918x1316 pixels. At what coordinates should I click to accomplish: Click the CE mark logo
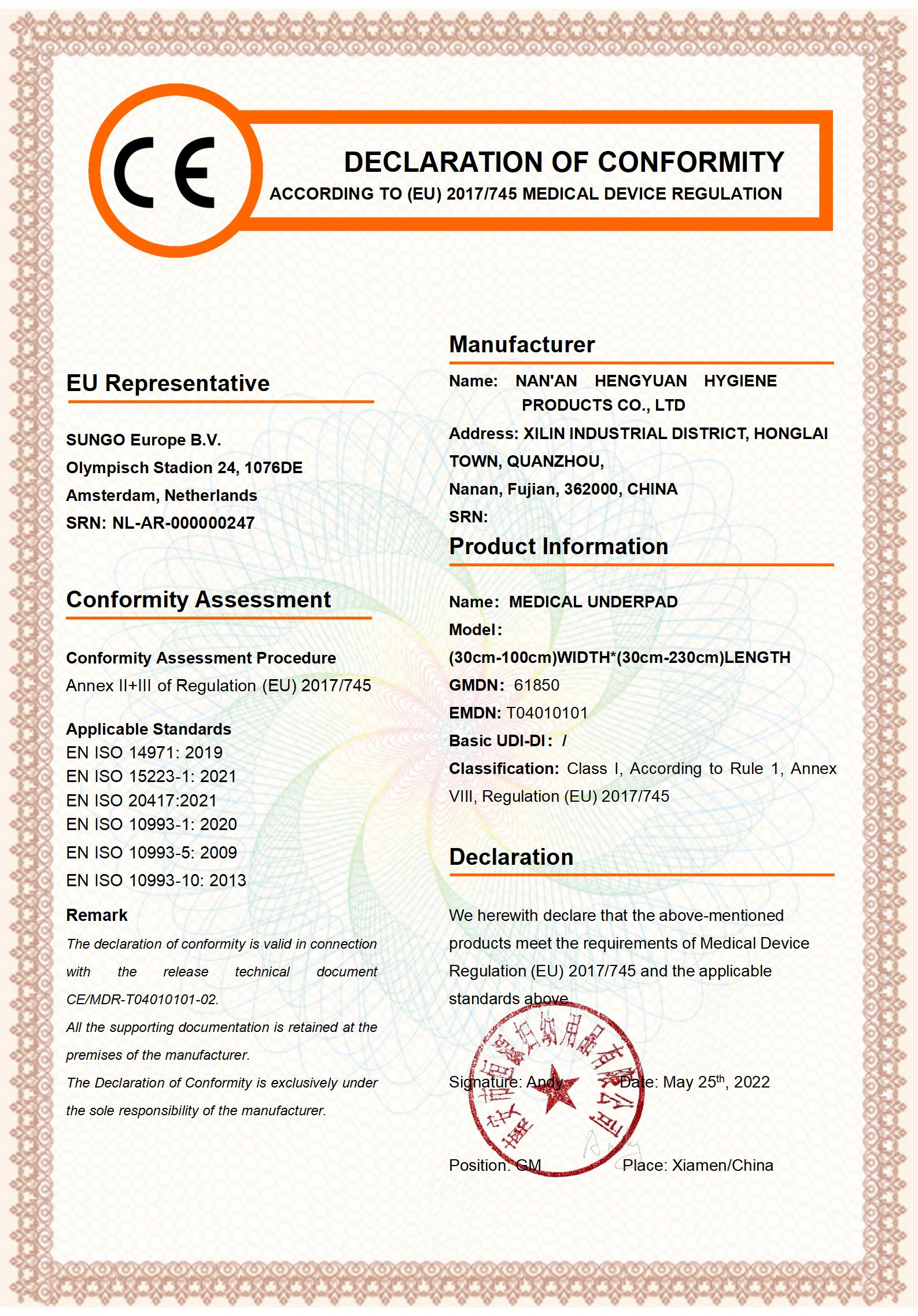pyautogui.click(x=165, y=172)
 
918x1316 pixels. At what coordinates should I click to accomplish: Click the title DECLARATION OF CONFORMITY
pyautogui.click(x=563, y=163)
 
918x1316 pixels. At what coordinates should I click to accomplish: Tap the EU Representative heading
pyautogui.click(x=168, y=384)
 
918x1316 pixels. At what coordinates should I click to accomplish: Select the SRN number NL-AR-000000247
pyautogui.click(x=183, y=523)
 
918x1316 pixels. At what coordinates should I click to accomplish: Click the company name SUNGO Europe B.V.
pyautogui.click(x=143, y=440)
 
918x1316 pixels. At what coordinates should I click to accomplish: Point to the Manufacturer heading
pyautogui.click(x=522, y=345)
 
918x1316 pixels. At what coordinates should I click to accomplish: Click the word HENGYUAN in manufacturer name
pyautogui.click(x=640, y=381)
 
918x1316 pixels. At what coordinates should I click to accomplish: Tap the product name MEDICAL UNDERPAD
pyautogui.click(x=593, y=602)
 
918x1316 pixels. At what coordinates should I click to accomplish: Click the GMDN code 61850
pyautogui.click(x=536, y=685)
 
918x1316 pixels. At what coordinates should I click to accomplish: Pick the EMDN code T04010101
pyautogui.click(x=547, y=713)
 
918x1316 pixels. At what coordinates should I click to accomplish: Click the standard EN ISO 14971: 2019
pyautogui.click(x=144, y=753)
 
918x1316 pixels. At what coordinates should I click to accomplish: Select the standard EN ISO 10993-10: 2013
pyautogui.click(x=156, y=880)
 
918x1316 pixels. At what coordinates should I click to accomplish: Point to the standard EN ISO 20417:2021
pyautogui.click(x=141, y=801)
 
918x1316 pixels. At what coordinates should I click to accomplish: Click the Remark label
pyautogui.click(x=97, y=915)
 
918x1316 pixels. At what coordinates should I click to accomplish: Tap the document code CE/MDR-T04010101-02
pyautogui.click(x=142, y=1000)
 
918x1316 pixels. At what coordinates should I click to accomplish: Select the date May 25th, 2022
pyautogui.click(x=716, y=1082)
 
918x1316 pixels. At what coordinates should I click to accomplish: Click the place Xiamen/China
pyautogui.click(x=722, y=1166)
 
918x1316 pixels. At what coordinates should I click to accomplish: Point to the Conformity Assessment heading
pyautogui.click(x=198, y=600)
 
